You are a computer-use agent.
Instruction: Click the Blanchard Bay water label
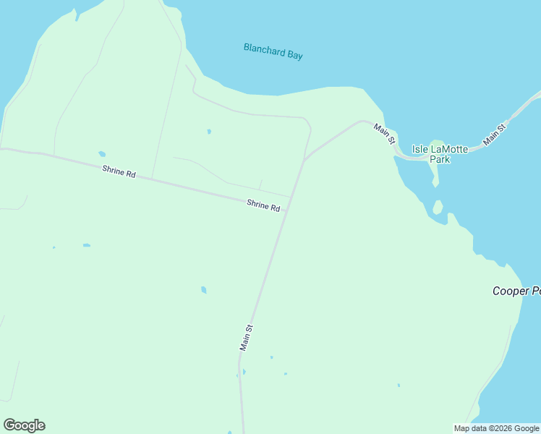coord(273,51)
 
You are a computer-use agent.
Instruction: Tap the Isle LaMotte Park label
coord(440,154)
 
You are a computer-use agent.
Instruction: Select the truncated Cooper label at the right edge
coord(516,291)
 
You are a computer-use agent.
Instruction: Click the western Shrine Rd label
coord(119,171)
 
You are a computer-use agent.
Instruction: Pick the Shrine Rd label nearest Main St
coord(263,205)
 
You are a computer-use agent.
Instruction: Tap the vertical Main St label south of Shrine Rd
coord(246,338)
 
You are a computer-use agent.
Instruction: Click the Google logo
coord(24,425)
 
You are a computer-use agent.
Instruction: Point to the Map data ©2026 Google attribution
coord(496,428)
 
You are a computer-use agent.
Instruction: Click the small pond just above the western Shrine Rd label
coord(102,154)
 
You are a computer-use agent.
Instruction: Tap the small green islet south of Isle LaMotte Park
coord(437,208)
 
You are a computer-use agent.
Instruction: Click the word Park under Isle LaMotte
coord(440,159)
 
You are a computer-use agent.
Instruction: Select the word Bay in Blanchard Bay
coord(294,54)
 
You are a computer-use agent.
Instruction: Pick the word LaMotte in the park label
coord(450,149)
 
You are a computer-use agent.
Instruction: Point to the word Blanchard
coord(263,50)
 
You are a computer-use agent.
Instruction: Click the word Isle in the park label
coord(420,149)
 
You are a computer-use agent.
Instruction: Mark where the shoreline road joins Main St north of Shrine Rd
coord(305,159)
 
